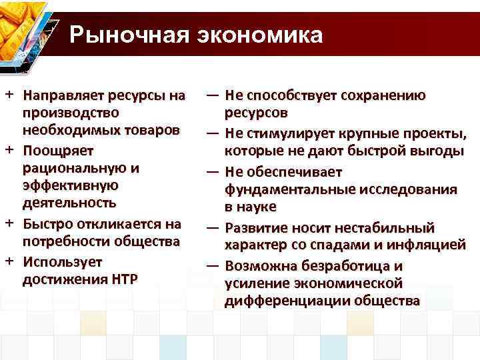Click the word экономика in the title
(259, 35)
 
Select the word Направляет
(67, 96)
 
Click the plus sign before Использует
(10, 259)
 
